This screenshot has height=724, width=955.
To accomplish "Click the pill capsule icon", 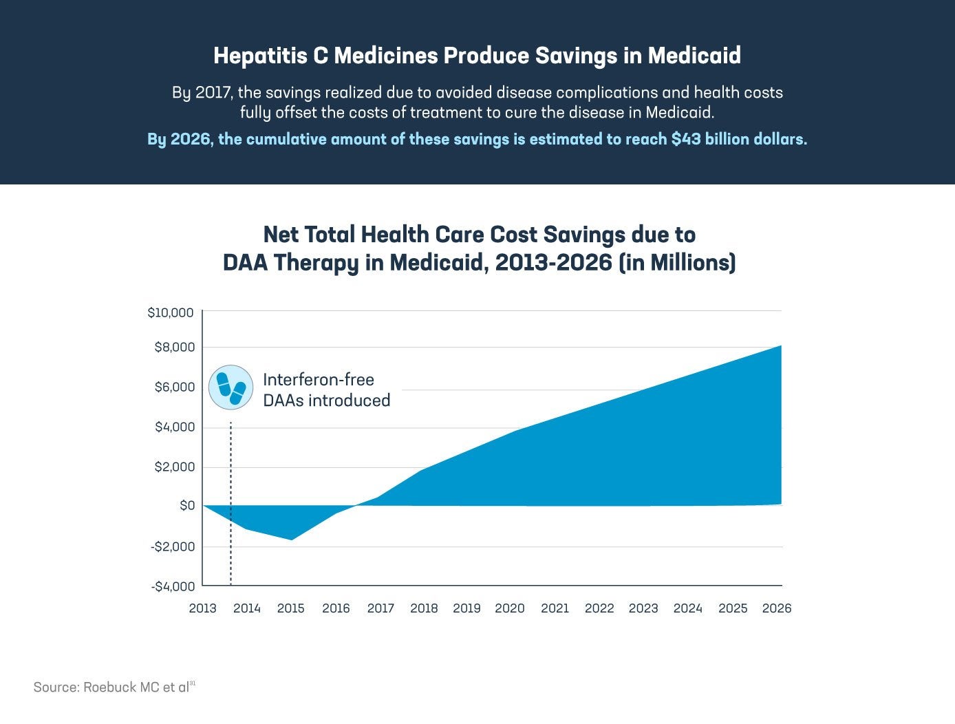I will [x=231, y=387].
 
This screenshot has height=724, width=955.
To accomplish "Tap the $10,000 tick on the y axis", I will [x=171, y=313].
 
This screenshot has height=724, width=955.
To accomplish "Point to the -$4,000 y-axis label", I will [x=173, y=586].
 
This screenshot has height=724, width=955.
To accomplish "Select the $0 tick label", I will [x=187, y=506].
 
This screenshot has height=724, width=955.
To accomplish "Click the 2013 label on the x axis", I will [x=202, y=608].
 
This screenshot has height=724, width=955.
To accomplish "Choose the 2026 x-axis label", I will [x=777, y=608].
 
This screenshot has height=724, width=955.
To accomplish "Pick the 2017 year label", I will [x=380, y=608].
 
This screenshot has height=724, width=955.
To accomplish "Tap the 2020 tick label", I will [x=510, y=608].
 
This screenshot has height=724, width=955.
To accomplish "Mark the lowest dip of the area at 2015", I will [x=292, y=539].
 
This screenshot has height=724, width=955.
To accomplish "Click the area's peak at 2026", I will [x=780, y=346].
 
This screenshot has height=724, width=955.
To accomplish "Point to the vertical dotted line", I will [x=230, y=502].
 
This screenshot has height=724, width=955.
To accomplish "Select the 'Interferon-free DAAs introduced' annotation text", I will [x=326, y=390].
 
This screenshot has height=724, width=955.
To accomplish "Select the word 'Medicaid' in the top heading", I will [x=694, y=56].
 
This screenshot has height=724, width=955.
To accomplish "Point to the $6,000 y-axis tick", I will [x=175, y=387].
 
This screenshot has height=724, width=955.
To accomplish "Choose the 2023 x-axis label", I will [x=643, y=608].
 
